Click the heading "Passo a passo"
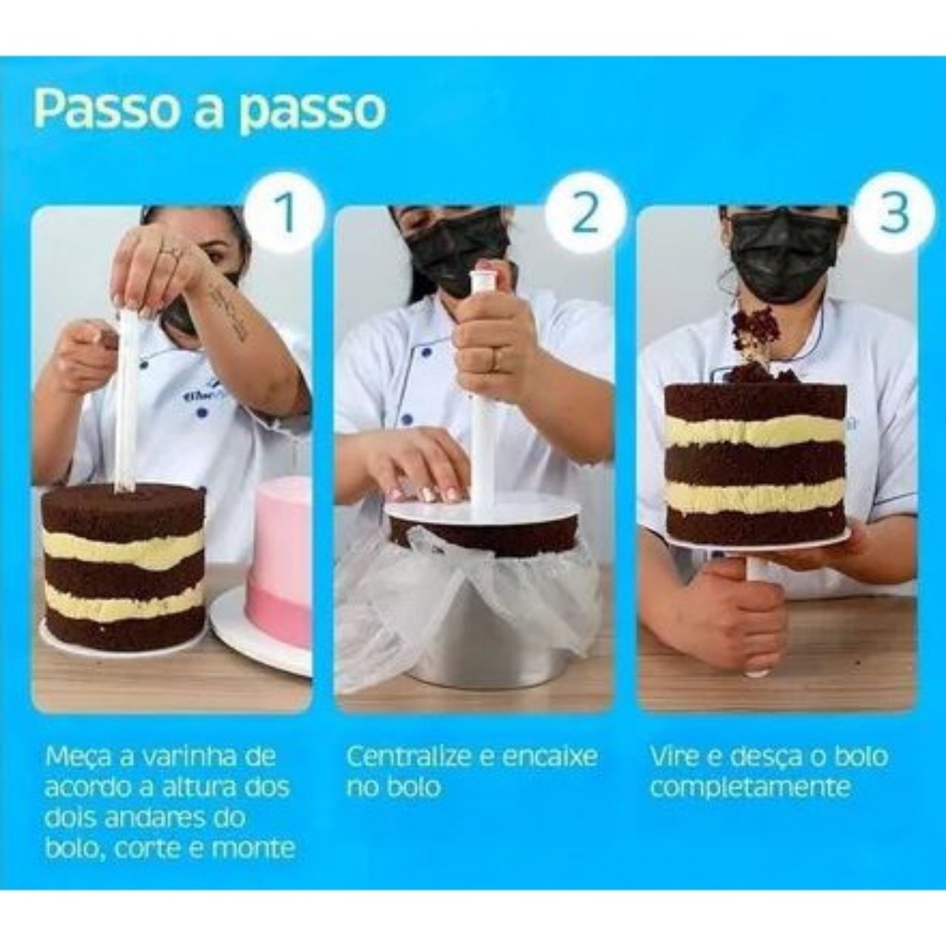210,108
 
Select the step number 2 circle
584,212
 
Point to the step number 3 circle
894,212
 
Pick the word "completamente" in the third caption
750,787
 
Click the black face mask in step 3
786,257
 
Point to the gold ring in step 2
493,360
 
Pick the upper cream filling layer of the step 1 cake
124,546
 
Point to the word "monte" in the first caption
260,849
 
